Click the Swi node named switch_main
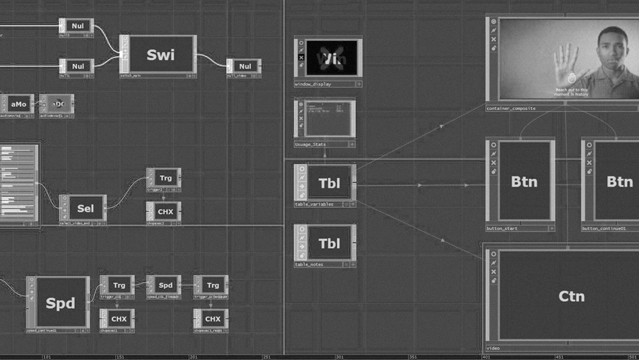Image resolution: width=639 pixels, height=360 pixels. point(160,54)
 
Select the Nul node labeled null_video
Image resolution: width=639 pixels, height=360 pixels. point(245,66)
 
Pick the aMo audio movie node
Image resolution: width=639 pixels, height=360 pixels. point(19,104)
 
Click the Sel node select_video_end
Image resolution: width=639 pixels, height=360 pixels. point(85,208)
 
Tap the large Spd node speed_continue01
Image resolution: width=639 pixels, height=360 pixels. point(61,302)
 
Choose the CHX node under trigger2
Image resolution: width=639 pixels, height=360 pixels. point(165,211)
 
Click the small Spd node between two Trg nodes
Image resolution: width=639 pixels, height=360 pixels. point(166,285)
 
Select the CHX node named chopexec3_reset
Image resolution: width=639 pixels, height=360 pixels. point(213,318)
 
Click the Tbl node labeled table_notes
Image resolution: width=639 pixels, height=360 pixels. point(330,244)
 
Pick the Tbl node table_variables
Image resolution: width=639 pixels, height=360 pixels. point(330,184)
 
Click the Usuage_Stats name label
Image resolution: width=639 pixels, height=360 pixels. point(311,145)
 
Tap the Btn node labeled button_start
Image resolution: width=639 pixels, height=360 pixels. point(524,182)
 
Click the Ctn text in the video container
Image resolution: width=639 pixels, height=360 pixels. point(571,296)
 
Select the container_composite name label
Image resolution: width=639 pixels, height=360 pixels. point(511,109)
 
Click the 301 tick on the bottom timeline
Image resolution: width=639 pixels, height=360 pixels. point(340,357)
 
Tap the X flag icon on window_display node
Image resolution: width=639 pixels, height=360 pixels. point(301,58)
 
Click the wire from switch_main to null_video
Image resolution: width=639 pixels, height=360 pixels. point(211,61)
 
